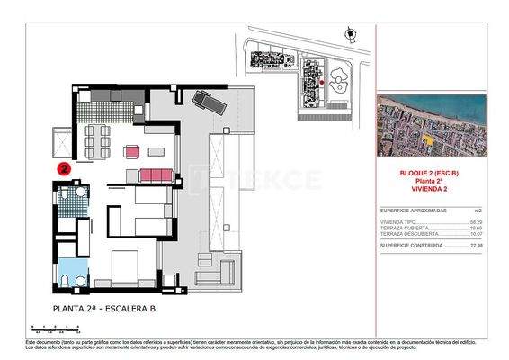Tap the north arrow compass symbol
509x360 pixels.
pos(348,34)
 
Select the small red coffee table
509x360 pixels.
pos(133,150)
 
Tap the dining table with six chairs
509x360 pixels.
pos(95,137)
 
